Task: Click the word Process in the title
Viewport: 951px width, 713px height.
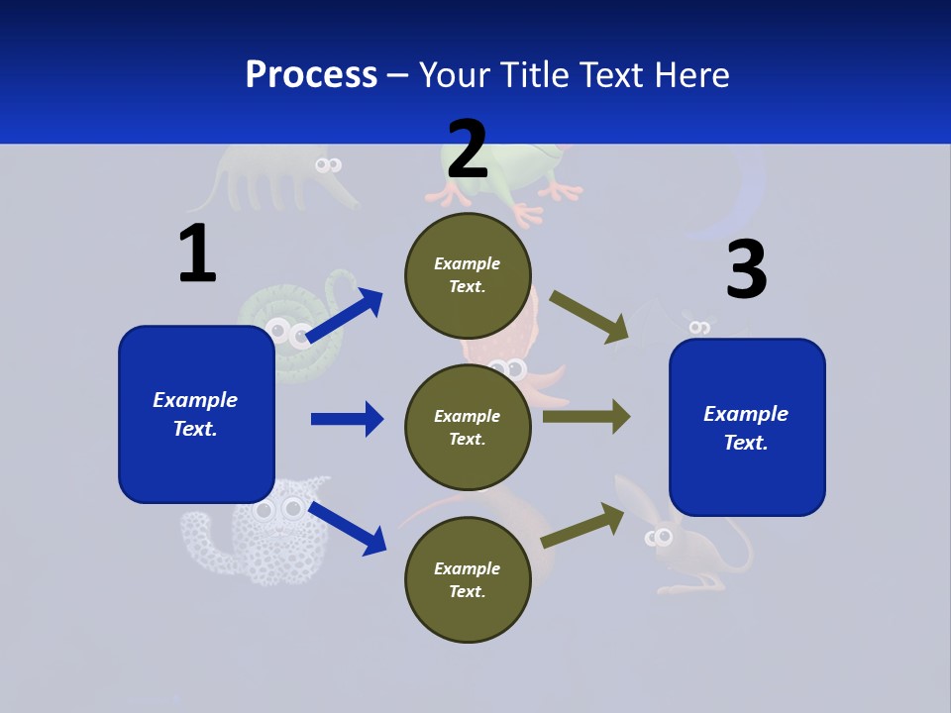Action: [311, 74]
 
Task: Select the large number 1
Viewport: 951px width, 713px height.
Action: [197, 255]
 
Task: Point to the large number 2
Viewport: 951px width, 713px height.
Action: [468, 150]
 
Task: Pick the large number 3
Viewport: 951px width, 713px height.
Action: [746, 270]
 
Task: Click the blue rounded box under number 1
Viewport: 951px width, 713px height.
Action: [196, 414]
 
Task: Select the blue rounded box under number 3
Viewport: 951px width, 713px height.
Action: [747, 427]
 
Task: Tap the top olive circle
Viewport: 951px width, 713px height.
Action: [468, 274]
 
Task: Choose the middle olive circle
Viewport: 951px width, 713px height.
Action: [468, 427]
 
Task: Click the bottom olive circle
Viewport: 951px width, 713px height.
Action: [468, 579]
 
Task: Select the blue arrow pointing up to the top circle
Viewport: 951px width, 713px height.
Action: [345, 315]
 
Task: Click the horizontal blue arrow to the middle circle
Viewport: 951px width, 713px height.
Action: [347, 419]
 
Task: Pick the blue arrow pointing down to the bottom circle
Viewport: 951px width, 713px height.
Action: [347, 527]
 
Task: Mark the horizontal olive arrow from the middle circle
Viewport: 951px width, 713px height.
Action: [585, 416]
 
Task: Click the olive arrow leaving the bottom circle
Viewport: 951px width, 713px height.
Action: [582, 526]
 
